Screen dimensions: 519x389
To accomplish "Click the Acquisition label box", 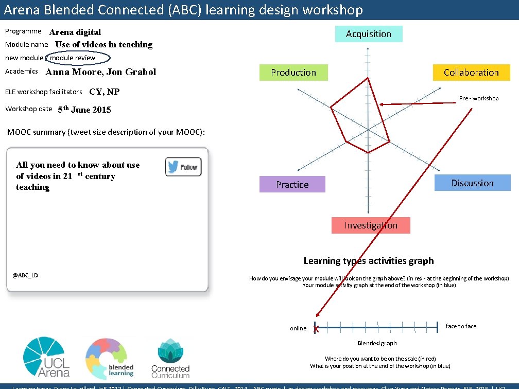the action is pos(369,34).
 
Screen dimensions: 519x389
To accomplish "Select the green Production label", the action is pos(293,73).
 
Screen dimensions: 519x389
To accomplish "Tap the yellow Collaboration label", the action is pos(471,73).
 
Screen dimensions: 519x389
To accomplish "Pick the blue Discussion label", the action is pos(472,183).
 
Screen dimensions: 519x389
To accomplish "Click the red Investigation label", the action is pos(371,225).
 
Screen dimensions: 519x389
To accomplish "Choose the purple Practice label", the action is pos(292,185).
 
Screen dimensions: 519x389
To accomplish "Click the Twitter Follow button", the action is pos(183,167).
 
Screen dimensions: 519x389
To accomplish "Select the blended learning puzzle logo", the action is pos(109,358).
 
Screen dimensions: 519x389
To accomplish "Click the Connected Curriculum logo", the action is pos(170,358).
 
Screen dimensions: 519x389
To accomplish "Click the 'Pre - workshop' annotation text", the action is pos(479,98).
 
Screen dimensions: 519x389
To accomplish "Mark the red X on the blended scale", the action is pos(316,328).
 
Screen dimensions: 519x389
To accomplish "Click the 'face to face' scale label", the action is pos(461,326).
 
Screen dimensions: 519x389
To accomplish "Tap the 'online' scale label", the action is pos(298,328).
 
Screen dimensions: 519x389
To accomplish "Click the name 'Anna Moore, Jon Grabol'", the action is pos(101,72).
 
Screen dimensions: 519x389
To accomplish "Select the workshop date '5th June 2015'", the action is pos(84,110).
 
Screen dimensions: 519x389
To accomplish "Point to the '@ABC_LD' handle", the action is pos(25,275).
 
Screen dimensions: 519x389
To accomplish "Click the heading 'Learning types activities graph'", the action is pos(369,261).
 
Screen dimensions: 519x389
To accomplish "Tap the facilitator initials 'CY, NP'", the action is pos(105,92).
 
